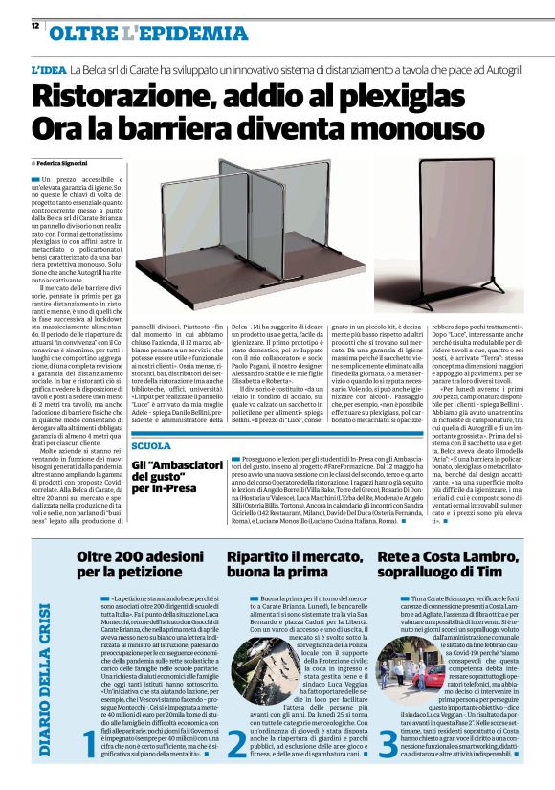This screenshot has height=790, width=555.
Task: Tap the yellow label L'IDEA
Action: [x=49, y=71]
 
